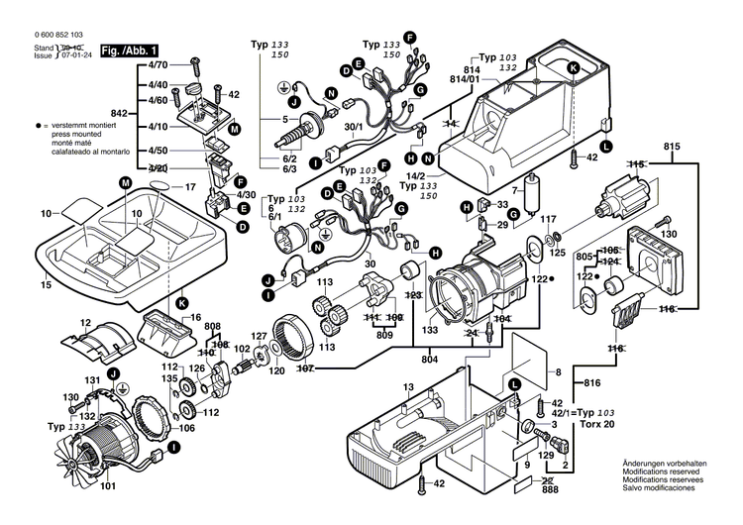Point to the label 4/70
[158, 64]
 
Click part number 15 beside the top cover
[45, 286]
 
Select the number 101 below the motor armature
[108, 485]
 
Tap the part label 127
[258, 335]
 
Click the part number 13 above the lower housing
[407, 385]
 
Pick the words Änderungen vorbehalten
[665, 465]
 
